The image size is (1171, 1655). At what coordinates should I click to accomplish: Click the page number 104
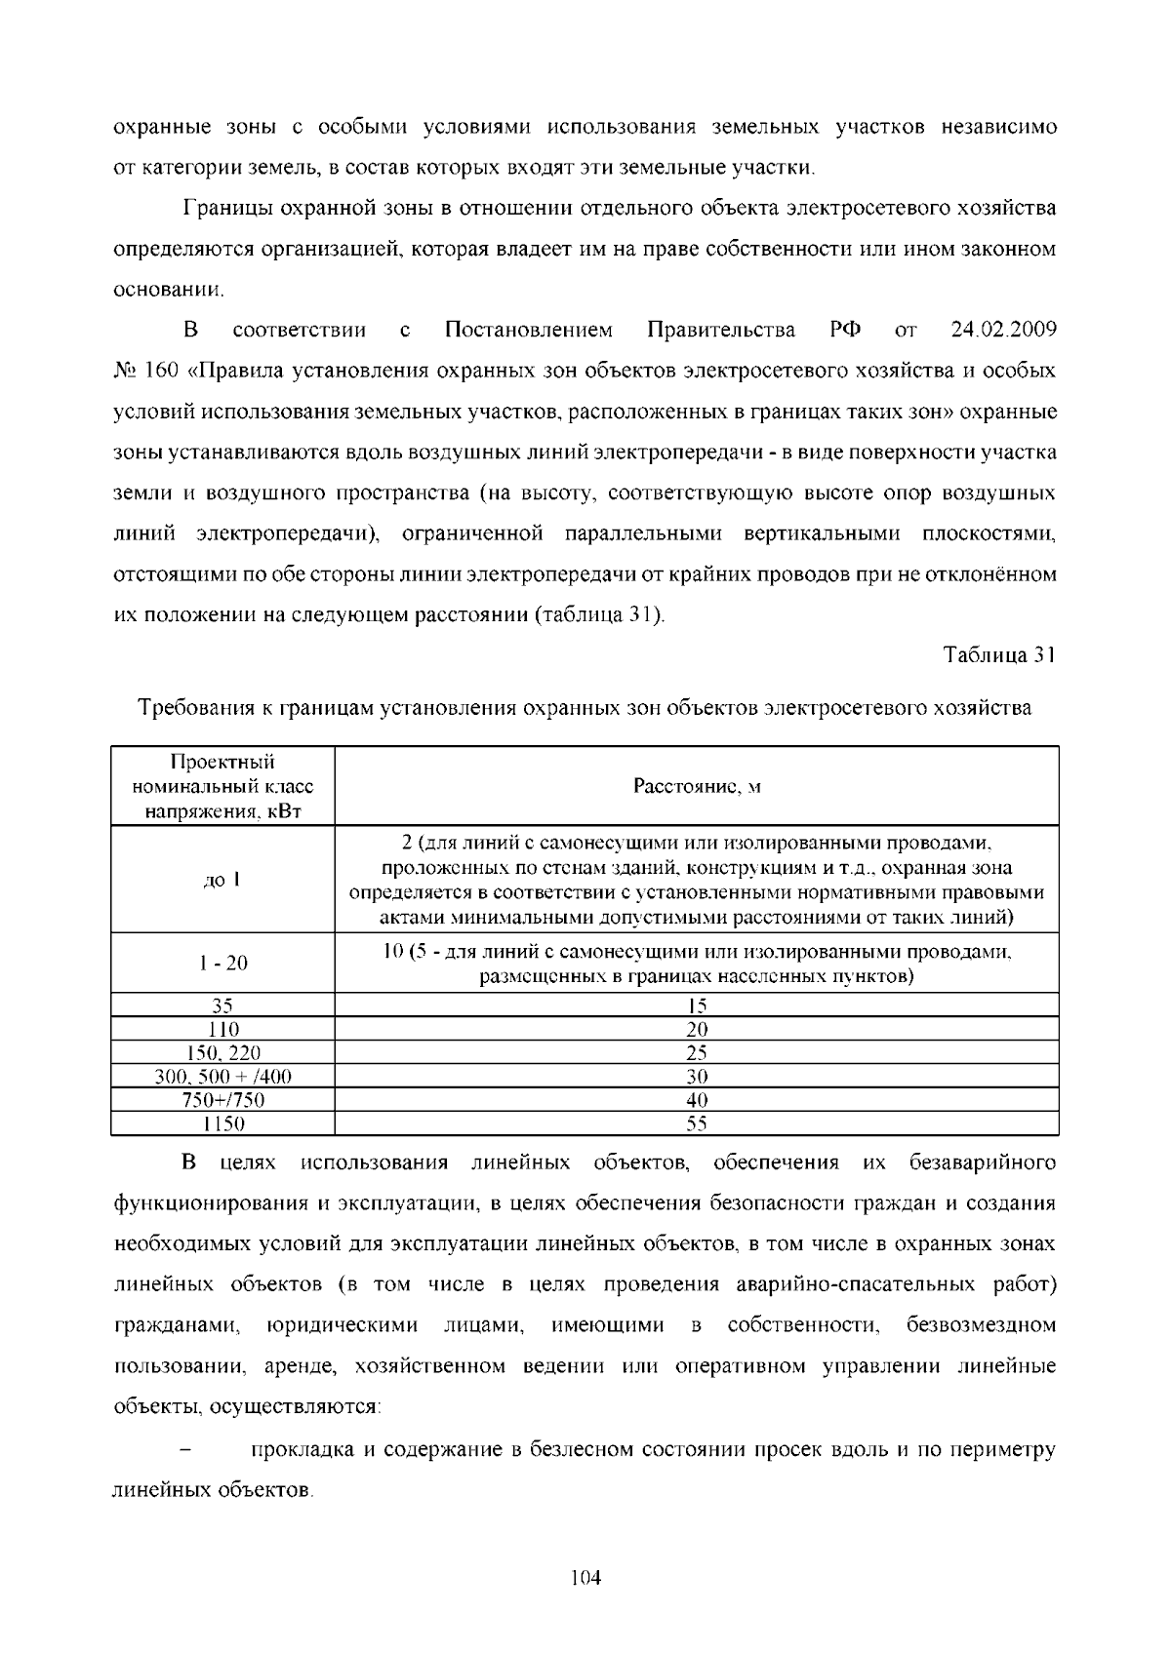(x=585, y=1578)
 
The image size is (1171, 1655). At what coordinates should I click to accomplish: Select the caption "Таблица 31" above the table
(x=1000, y=656)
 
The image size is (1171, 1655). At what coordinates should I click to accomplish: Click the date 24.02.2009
(x=1003, y=330)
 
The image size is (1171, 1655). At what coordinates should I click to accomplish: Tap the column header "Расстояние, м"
(x=697, y=787)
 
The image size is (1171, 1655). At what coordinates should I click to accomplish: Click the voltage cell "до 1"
(x=222, y=881)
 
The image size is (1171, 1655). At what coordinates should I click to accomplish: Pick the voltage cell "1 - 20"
(x=222, y=964)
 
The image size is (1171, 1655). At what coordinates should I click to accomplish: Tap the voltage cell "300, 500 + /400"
(x=222, y=1077)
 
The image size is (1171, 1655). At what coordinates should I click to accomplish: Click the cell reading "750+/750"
(x=222, y=1100)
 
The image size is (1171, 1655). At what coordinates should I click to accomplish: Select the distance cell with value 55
(x=697, y=1123)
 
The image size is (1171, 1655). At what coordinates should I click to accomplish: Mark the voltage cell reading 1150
(x=222, y=1123)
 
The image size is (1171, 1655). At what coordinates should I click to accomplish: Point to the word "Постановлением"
(x=528, y=330)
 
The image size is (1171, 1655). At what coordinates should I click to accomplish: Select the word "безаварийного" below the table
(x=983, y=1163)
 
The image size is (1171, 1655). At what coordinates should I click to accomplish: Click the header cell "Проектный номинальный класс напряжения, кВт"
(x=222, y=787)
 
